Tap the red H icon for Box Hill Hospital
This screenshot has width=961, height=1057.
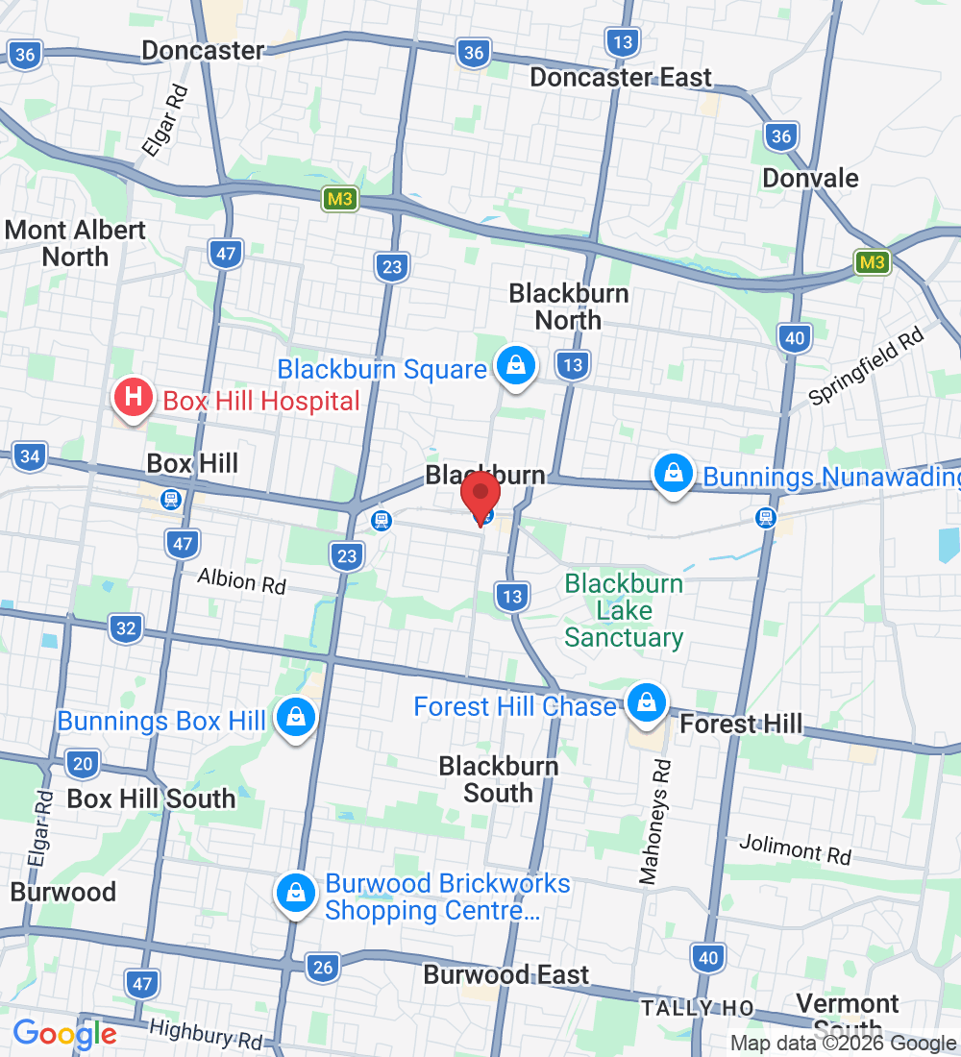(134, 397)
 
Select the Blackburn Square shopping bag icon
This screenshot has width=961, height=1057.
(516, 366)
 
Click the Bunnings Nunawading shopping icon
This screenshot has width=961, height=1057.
(675, 474)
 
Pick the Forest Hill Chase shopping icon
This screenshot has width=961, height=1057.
(648, 703)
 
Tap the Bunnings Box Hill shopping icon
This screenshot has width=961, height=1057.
(296, 717)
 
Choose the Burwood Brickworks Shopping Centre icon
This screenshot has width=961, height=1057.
(296, 894)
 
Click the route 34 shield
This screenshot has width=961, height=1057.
(30, 455)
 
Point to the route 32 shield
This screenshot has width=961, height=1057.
(126, 628)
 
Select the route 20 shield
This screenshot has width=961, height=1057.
(84, 765)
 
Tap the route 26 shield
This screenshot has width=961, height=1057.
(323, 967)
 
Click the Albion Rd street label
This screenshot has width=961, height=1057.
(241, 580)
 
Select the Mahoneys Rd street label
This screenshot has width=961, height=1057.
(656, 823)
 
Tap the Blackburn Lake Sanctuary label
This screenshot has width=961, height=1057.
(624, 610)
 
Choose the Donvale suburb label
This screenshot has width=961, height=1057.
(809, 178)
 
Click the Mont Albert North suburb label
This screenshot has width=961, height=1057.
(75, 243)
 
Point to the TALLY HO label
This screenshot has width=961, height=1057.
(698, 1007)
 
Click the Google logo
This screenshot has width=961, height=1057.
(64, 1034)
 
